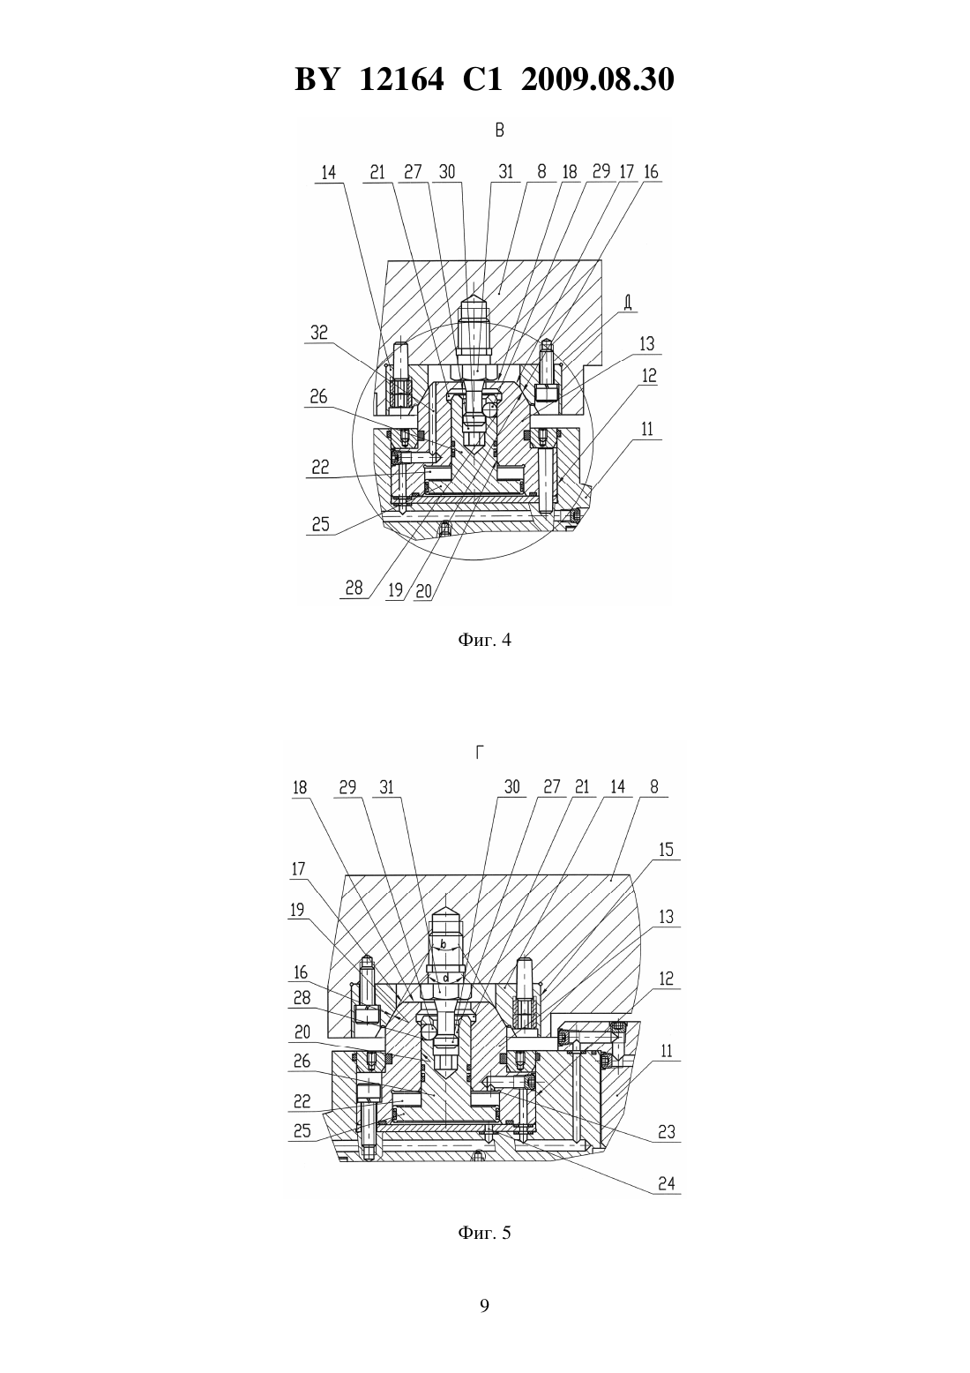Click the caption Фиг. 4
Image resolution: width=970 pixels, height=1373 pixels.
coord(484,640)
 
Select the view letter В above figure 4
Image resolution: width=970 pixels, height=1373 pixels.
coord(499,131)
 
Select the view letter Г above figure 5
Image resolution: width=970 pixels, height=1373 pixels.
coord(480,753)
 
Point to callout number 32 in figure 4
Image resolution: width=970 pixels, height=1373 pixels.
coord(319,333)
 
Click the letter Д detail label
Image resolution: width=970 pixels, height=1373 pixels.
coord(628,302)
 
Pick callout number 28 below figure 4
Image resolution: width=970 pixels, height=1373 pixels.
coord(354,589)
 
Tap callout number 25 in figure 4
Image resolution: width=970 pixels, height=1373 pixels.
coord(320,524)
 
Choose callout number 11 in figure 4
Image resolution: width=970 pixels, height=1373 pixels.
coord(647,429)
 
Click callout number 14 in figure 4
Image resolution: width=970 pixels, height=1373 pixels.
coord(329,172)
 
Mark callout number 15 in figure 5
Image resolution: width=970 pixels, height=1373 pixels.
coord(666,849)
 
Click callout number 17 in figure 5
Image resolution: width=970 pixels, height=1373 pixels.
coord(298,868)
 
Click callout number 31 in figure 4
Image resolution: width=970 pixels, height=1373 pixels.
coord(505,171)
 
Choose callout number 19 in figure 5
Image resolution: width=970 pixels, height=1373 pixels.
coord(297,909)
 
